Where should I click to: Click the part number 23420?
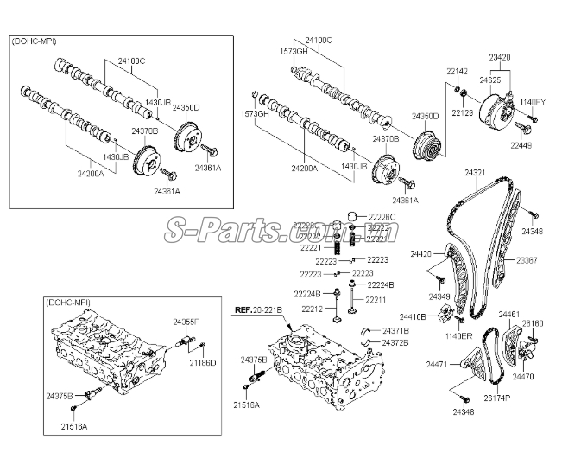click(500, 57)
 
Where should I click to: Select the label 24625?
click(490, 79)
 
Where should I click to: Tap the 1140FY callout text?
click(532, 102)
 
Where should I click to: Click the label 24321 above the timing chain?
click(476, 174)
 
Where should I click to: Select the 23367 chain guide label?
click(527, 260)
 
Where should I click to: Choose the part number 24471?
click(438, 366)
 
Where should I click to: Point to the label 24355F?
click(186, 322)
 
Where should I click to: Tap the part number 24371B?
click(395, 331)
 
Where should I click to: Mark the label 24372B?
click(395, 342)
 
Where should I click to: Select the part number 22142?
click(458, 71)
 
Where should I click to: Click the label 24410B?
click(413, 317)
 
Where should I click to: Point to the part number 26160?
click(533, 323)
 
